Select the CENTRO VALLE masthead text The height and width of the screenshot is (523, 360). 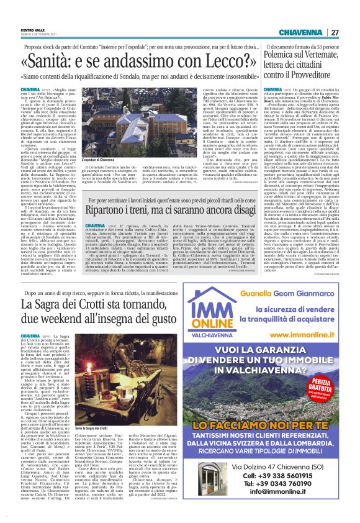pos(32,29)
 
